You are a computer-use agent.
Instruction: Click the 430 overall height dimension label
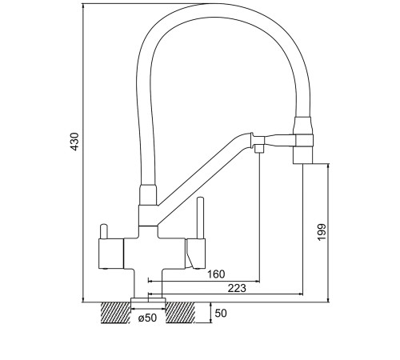[x=76, y=142]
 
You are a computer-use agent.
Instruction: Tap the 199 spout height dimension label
[x=322, y=232]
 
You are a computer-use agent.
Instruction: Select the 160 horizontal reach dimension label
[x=216, y=274]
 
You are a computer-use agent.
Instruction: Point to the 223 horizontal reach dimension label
[x=237, y=288]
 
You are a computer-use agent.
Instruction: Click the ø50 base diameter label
[x=147, y=318]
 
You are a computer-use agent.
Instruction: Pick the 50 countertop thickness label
[x=221, y=314]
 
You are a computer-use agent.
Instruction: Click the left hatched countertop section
[x=116, y=313]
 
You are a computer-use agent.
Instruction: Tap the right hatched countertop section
[x=181, y=313]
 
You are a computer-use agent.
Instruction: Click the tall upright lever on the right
[x=200, y=218]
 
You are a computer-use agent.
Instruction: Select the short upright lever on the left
[x=103, y=232]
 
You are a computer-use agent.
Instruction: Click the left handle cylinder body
[x=111, y=254]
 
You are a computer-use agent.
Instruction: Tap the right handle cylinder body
[x=196, y=254]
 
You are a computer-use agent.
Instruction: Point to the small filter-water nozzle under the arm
[x=259, y=148]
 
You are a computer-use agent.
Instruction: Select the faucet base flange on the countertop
[x=148, y=300]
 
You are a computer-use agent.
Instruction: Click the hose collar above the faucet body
[x=148, y=195]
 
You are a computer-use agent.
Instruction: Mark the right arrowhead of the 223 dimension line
[x=301, y=294]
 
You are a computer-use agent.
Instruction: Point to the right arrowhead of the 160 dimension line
[x=258, y=281]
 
